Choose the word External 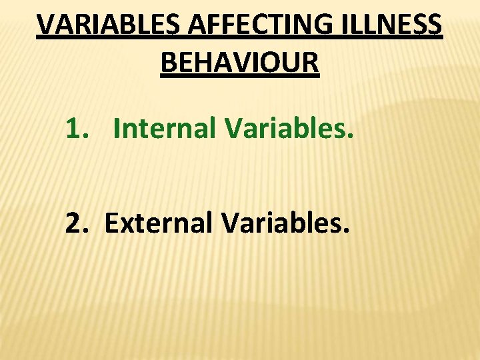tap(160, 224)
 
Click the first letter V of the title tap(45, 25)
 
